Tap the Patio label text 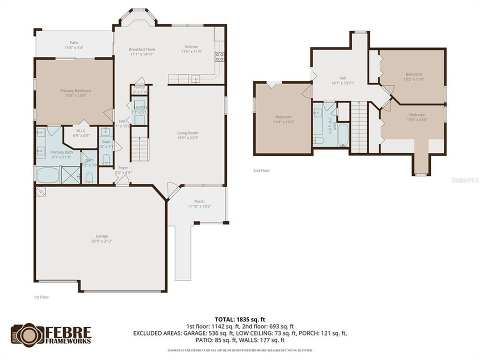point(74,45)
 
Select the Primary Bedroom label point(75,93)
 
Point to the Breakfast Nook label point(141,51)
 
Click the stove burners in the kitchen point(219,56)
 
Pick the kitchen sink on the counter point(195,78)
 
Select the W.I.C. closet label point(81,132)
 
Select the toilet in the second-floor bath point(318,139)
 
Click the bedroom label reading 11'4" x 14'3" point(283,119)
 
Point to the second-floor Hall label point(342,80)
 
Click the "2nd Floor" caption point(261,170)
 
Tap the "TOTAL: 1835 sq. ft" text point(239,318)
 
